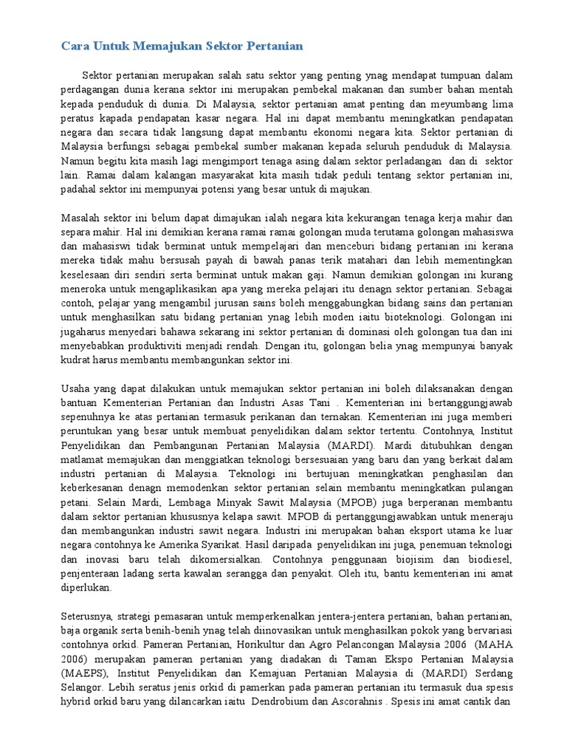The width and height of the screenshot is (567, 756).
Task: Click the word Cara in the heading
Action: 74,47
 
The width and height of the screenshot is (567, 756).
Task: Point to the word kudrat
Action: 75,360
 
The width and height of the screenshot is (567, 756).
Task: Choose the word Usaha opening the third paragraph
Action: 75,388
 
